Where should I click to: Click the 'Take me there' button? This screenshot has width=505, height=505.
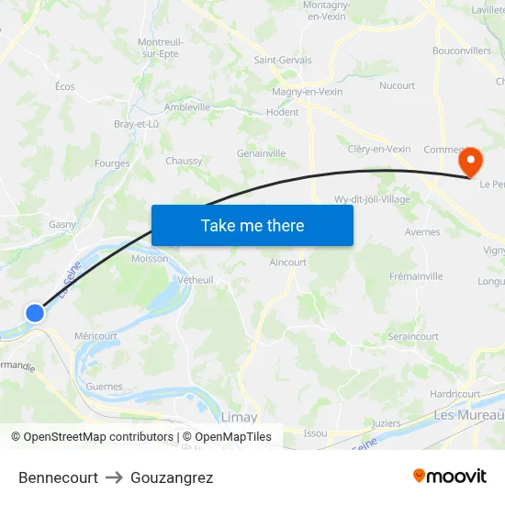point(252,225)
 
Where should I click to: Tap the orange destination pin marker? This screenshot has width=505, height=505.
point(470,162)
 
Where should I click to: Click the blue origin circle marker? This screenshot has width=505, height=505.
point(35,313)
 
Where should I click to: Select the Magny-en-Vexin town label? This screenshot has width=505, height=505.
point(308,92)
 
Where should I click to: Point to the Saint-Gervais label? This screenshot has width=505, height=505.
point(282,61)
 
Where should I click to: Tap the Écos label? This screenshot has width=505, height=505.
point(64,86)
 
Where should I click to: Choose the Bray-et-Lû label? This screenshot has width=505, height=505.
point(136,124)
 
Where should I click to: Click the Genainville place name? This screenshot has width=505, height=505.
point(261,153)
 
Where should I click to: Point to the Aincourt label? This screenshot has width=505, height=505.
point(288,263)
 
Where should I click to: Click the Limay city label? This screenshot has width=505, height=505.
point(240,416)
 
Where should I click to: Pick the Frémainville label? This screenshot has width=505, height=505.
point(416,276)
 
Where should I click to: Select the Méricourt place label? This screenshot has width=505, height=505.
point(95,336)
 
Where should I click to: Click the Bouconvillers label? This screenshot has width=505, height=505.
point(461,51)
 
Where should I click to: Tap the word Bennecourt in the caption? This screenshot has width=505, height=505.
point(58,477)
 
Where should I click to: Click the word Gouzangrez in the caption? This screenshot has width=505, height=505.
point(172,477)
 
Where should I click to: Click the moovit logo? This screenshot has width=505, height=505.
point(449,476)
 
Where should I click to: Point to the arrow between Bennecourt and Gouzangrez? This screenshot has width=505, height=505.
point(114,477)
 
